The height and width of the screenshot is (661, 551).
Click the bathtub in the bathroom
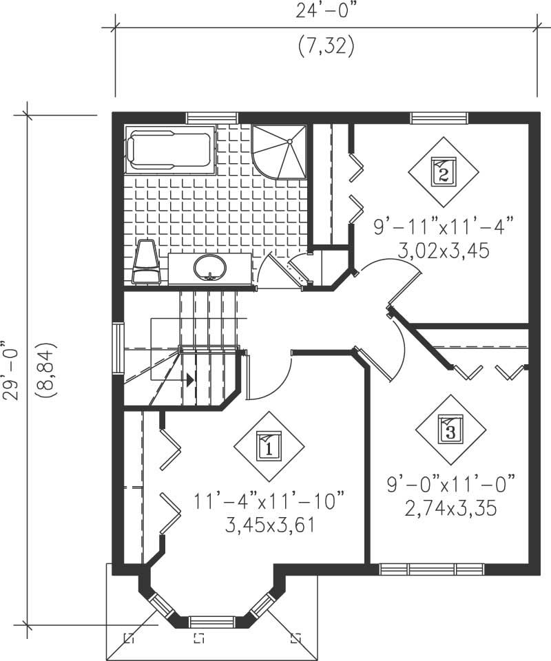(169, 151)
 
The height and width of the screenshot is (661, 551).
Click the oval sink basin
(209, 267)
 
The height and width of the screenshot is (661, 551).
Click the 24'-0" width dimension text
(326, 10)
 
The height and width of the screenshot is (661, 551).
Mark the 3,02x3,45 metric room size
(444, 251)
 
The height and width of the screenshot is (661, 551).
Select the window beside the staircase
(118, 348)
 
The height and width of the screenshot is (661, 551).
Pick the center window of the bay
(211, 620)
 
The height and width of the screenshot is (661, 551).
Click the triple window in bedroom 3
(431, 569)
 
